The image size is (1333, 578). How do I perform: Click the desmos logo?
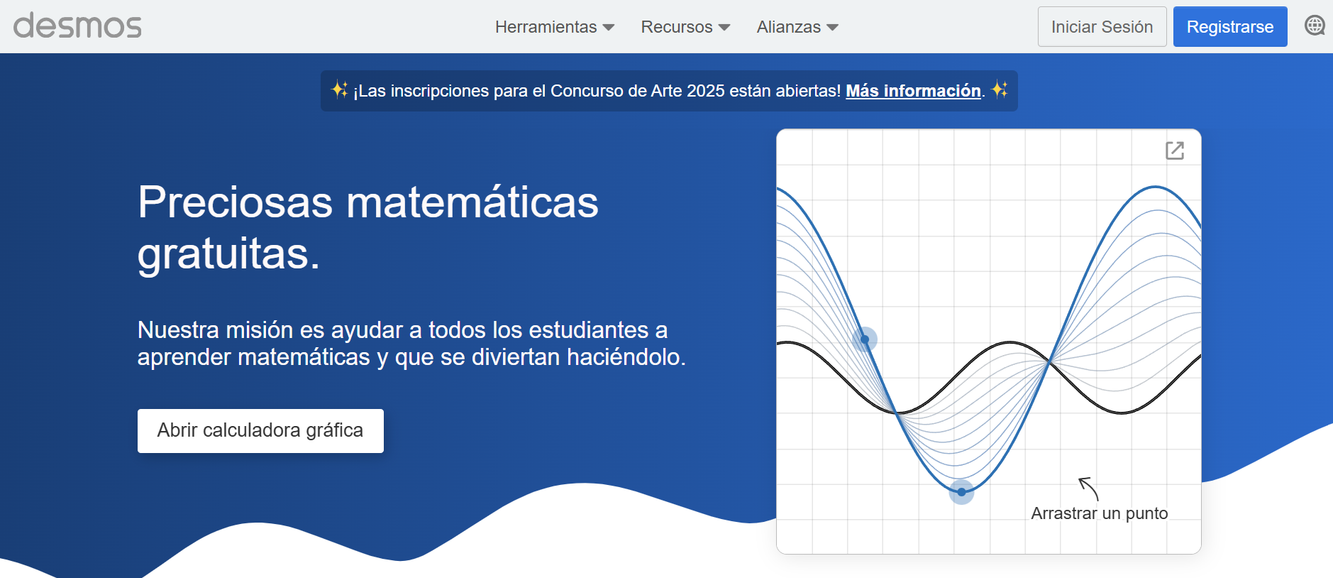[x=77, y=26]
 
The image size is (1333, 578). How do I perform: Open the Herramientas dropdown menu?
[x=555, y=27]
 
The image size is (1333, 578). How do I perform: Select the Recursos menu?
[x=685, y=27]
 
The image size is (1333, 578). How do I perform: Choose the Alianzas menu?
[x=797, y=27]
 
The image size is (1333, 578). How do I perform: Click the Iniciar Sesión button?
[x=1102, y=27]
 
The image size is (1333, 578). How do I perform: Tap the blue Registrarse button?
[x=1230, y=27]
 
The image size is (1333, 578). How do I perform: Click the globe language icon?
[x=1315, y=26]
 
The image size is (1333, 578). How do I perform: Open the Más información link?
[x=913, y=91]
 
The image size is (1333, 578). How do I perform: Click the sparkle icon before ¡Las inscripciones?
[x=340, y=89]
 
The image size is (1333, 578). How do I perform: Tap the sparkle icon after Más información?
[x=1000, y=89]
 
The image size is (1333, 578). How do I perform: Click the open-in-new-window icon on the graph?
[x=1175, y=151]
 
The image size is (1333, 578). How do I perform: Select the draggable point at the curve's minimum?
[x=961, y=492]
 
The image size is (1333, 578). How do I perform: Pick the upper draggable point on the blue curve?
[x=865, y=339]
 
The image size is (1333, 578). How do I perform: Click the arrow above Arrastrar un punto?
[x=1088, y=489]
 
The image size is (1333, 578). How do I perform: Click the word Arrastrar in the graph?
[x=1064, y=513]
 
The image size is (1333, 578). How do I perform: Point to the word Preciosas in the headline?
[x=235, y=202]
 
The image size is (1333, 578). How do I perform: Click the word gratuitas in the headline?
[x=228, y=254]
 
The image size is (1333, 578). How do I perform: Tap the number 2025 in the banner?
[x=706, y=91]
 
